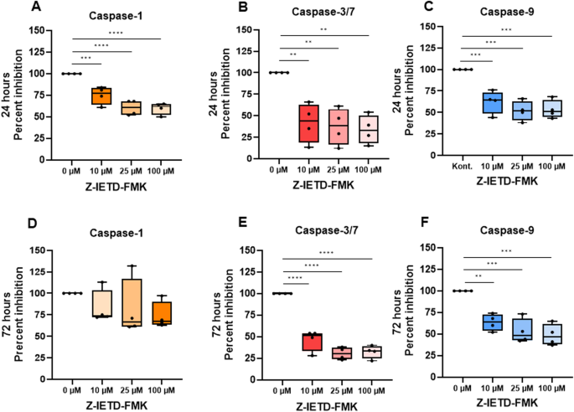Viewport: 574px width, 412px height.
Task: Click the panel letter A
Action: [x=36, y=6]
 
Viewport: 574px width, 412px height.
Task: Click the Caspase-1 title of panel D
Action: [x=116, y=233]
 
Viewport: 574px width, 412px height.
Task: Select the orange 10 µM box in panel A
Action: [x=101, y=96]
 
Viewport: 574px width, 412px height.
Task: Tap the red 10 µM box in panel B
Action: [x=308, y=124]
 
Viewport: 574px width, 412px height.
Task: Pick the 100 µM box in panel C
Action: [x=552, y=109]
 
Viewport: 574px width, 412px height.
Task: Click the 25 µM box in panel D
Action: [x=132, y=303]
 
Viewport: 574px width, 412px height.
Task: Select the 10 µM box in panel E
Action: [x=312, y=342]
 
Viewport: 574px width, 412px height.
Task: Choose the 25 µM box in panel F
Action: [x=522, y=329]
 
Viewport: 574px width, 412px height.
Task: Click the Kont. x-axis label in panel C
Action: [x=463, y=167]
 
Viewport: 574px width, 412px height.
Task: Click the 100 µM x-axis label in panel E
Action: [x=371, y=391]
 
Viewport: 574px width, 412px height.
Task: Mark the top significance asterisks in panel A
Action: [x=116, y=33]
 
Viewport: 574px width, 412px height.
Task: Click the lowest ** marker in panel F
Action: [x=478, y=276]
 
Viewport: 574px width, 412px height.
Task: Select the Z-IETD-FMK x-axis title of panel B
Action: [x=323, y=185]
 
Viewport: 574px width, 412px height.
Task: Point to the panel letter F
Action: [x=425, y=223]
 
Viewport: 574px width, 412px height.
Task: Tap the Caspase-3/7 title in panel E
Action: [x=327, y=230]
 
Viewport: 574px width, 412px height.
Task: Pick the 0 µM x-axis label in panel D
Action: [x=71, y=390]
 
